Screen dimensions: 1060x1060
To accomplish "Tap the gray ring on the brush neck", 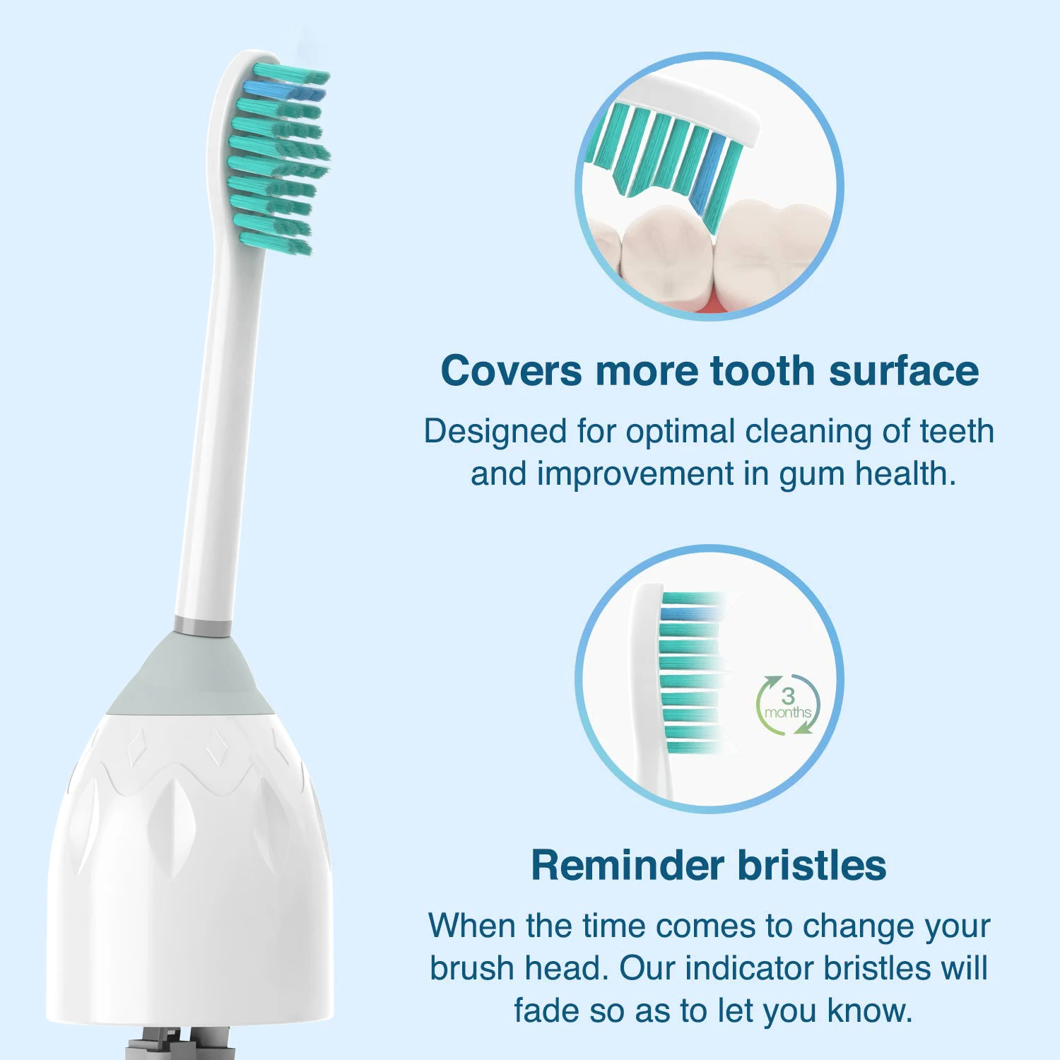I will click(x=203, y=627).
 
